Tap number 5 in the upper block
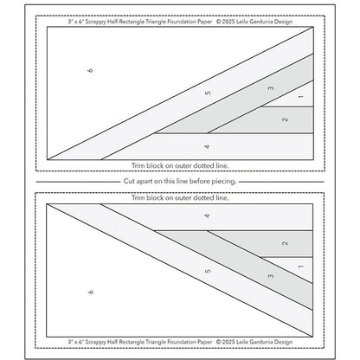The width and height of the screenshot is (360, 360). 207,93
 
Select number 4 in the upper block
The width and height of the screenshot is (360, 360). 207,146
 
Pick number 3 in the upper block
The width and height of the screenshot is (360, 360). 271,87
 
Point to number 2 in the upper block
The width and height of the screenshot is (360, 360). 286,119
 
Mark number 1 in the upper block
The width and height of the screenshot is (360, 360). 299,100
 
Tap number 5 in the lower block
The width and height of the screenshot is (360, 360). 207,272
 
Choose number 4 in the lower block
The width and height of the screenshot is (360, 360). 207,214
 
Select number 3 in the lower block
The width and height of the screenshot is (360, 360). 271,276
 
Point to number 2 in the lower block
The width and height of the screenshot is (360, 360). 286,244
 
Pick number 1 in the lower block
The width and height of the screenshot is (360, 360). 299,265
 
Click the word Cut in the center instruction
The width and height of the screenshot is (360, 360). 127,180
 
